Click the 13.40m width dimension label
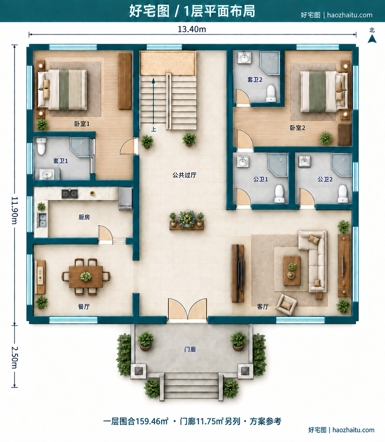click(192, 29)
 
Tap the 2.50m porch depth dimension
click(15, 357)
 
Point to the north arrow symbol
click(372, 39)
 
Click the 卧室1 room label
click(82, 124)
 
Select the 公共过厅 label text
click(184, 175)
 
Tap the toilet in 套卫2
click(271, 93)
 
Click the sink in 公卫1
click(243, 161)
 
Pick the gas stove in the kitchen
click(70, 194)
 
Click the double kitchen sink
click(42, 220)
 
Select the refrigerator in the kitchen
click(125, 198)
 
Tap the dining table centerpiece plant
click(86, 276)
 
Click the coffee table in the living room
click(292, 271)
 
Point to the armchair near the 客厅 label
click(286, 305)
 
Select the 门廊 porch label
click(190, 349)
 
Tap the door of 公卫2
click(306, 197)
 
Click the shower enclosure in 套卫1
click(80, 147)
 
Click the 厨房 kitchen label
click(84, 217)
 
